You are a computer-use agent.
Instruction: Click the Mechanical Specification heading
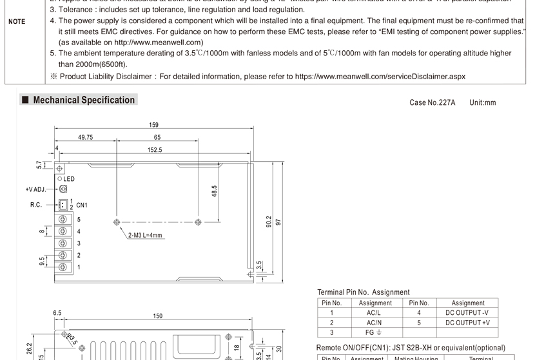tap(84, 100)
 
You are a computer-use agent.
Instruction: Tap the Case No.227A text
tap(432, 102)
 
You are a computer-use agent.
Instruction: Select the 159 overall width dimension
tap(153, 125)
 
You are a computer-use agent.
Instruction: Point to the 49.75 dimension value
tap(85, 137)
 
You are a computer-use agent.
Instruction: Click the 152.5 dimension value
tap(155, 150)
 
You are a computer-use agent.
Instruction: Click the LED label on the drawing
tap(69, 178)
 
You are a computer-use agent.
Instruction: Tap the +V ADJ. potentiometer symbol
tap(63, 189)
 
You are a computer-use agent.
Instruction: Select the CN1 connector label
tap(82, 205)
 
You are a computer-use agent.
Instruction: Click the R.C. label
tap(35, 205)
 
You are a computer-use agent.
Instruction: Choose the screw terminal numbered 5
tap(63, 220)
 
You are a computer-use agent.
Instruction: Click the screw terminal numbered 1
tap(63, 267)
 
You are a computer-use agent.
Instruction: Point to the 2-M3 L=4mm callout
tap(145, 235)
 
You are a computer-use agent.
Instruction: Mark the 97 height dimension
tap(278, 222)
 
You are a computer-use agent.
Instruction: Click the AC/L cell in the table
tap(374, 312)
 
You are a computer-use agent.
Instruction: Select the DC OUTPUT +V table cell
tap(468, 323)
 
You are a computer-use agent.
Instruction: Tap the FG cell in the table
tap(374, 333)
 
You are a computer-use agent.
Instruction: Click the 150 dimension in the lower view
tap(157, 316)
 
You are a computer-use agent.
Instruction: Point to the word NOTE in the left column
tap(17, 21)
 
